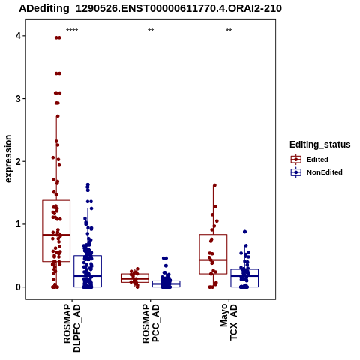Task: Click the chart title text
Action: [x=150, y=8]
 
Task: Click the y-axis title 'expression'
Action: [x=8, y=159]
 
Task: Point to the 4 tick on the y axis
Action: [x=18, y=36]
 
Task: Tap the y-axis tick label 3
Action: [x=18, y=99]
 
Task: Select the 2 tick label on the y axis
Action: [x=18, y=161]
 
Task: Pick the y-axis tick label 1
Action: [x=18, y=224]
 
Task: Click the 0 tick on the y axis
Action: [x=18, y=287]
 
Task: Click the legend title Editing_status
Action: [x=320, y=145]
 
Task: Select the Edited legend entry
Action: [x=310, y=160]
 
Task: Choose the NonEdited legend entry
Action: [x=316, y=172]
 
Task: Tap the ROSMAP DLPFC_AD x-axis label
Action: [x=72, y=328]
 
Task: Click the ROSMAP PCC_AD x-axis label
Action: [x=151, y=323]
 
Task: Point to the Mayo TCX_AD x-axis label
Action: [x=229, y=322]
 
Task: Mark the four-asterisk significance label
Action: [x=72, y=31]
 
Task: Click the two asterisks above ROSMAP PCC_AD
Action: [x=151, y=31]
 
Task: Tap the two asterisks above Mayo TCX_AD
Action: [x=229, y=31]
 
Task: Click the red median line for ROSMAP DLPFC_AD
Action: [x=56, y=235]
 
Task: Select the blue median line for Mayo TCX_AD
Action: [x=244, y=276]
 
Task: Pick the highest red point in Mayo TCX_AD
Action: [x=214, y=185]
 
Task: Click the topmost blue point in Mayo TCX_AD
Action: [x=244, y=232]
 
